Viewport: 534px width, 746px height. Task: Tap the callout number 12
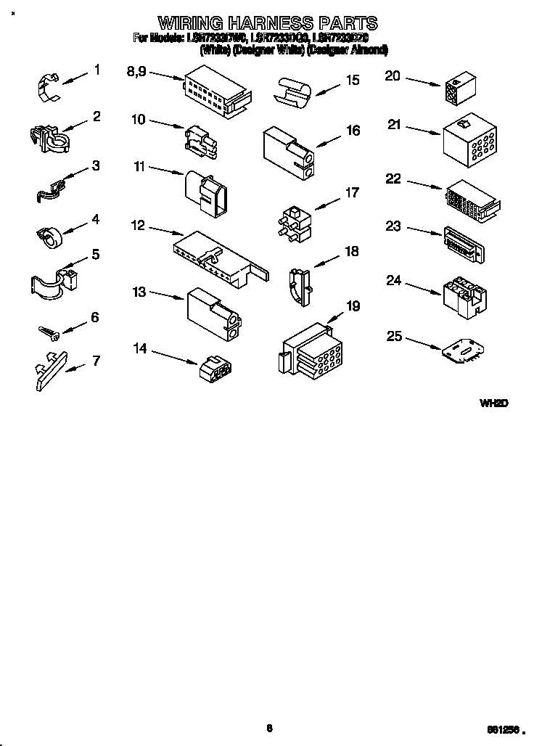pyautogui.click(x=138, y=226)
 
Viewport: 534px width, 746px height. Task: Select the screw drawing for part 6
pyautogui.click(x=49, y=332)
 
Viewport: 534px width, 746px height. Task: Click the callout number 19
pyautogui.click(x=353, y=306)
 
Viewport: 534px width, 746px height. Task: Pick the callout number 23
pyautogui.click(x=393, y=226)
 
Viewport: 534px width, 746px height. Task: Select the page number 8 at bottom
pyautogui.click(x=268, y=729)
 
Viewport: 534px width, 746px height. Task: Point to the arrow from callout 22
pyautogui.click(x=425, y=184)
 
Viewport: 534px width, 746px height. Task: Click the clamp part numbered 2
pyautogui.click(x=49, y=137)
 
